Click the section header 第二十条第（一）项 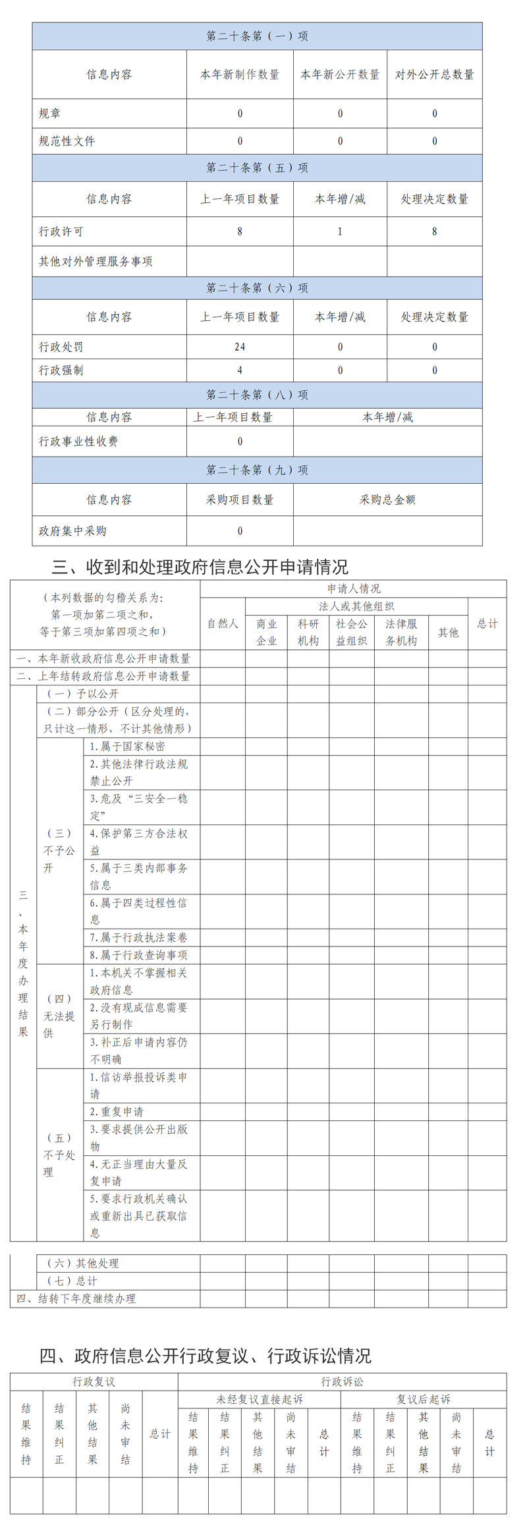(257, 36)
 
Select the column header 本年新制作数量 (240, 74)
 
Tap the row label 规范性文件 (67, 141)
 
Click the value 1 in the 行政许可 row (340, 231)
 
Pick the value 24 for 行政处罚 (240, 347)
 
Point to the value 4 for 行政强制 (240, 370)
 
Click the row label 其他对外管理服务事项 (96, 262)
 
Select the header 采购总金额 (387, 500)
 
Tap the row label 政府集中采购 (72, 531)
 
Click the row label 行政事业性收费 (78, 442)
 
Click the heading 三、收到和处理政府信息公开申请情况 (200, 567)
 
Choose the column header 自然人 (223, 623)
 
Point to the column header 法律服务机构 (401, 632)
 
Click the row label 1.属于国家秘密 (128, 746)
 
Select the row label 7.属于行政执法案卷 (138, 937)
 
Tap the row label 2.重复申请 (117, 1111)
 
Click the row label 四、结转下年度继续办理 (76, 1298)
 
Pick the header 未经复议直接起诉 (260, 1399)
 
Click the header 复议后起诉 (424, 1399)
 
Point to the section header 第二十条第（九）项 (257, 470)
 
